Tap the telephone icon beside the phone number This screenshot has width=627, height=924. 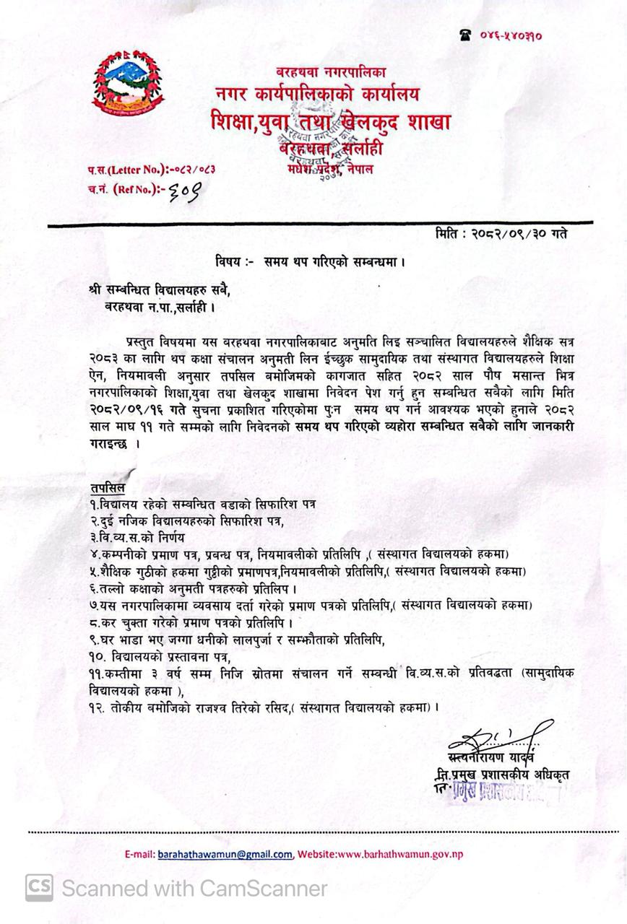[465, 34]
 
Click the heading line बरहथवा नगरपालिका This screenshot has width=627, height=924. [331, 71]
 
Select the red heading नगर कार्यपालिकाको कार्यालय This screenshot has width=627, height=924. [316, 94]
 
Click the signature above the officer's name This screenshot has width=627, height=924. [498, 737]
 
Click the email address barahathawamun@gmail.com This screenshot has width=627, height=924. [225, 854]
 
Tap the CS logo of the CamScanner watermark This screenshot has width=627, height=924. [39, 887]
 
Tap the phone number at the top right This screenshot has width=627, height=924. [511, 35]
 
